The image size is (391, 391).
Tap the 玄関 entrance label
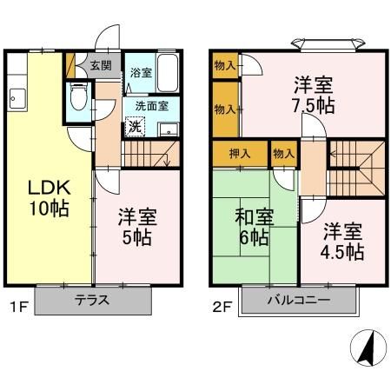[101, 65]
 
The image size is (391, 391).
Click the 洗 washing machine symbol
[135, 125]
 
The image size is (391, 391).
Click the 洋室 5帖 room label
[136, 227]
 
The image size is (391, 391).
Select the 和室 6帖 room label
[251, 227]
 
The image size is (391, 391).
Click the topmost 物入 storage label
[224, 65]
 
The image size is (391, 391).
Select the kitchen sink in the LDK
[15, 98]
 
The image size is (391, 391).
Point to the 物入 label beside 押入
[283, 153]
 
